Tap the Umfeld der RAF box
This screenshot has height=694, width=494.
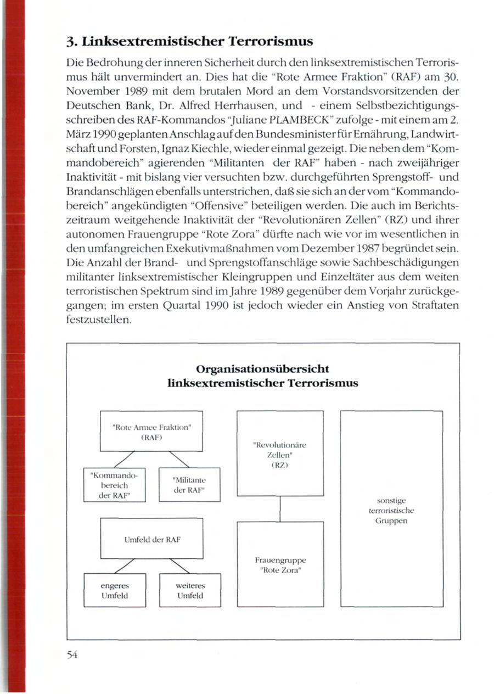pos(151,539)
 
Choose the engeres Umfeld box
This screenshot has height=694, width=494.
pos(115,591)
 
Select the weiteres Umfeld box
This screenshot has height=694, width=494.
pos(190,591)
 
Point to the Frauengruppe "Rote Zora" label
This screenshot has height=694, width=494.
pos(280,565)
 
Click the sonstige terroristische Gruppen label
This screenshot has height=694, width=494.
pos(391,510)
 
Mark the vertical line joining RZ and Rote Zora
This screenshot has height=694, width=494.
pos(280,509)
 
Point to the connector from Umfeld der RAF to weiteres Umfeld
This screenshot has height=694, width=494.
pos(180,566)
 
